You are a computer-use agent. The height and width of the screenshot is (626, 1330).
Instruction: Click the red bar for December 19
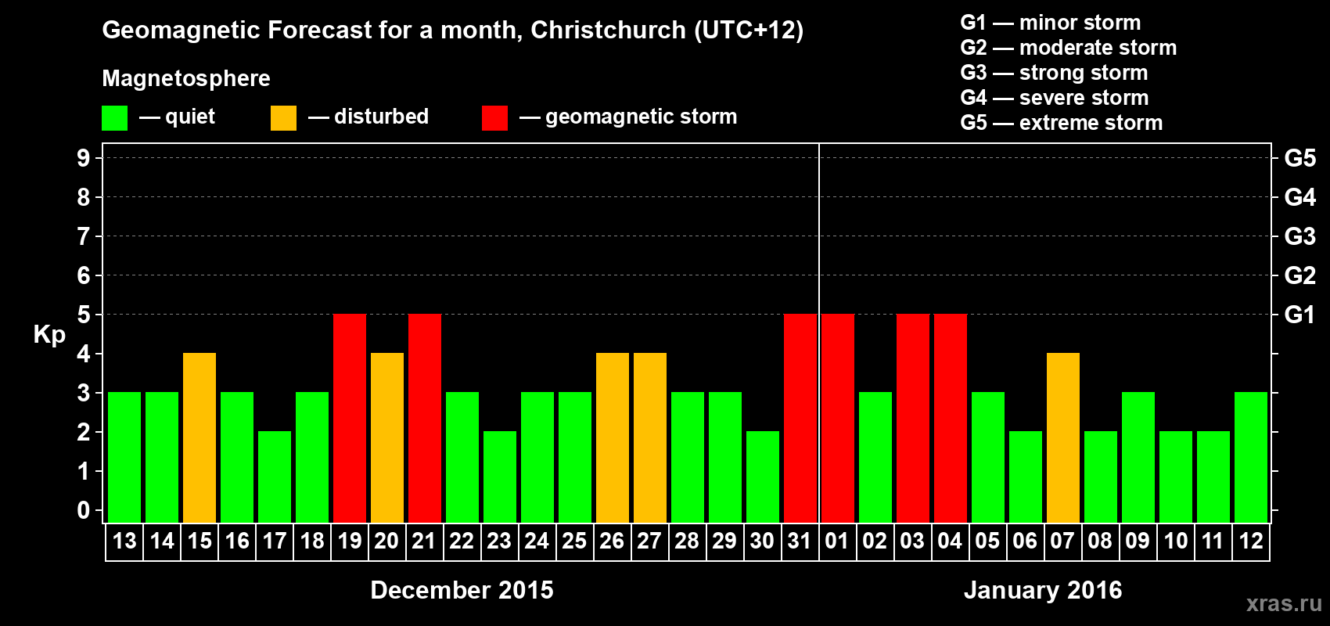pos(350,418)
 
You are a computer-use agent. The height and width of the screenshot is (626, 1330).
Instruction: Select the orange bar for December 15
pos(199,437)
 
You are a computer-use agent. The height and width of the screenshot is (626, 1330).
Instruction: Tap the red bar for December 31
pos(800,418)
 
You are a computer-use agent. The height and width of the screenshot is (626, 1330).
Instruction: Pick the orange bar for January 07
pos(1063,437)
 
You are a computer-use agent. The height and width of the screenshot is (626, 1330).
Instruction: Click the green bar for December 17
pos(275,477)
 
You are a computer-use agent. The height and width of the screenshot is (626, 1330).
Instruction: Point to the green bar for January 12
pos(1251,457)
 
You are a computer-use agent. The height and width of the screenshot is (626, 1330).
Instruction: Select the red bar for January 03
pos(913,418)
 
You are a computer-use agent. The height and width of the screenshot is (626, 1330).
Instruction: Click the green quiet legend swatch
pos(114,118)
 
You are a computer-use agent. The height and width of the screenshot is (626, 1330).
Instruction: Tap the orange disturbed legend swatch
pos(283,118)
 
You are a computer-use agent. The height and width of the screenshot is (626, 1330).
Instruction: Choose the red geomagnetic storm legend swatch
pos(494,118)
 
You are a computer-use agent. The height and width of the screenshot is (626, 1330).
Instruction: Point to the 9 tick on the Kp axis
pos(84,158)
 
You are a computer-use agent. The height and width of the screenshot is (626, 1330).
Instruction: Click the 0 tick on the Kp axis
pos(84,511)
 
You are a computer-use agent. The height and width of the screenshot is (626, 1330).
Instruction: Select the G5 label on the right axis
pos(1299,158)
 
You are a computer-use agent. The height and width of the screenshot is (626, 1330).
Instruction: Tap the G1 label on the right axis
pos(1299,315)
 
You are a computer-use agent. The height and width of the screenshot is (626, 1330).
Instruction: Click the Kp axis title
pos(49,335)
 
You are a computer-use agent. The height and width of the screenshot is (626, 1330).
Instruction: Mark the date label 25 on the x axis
pos(574,541)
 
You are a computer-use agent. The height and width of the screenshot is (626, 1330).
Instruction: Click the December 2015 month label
pos(462,590)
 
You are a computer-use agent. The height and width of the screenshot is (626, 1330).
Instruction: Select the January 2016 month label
pos(1043,590)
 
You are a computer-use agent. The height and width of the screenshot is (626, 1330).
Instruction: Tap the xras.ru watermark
pos(1284,603)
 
